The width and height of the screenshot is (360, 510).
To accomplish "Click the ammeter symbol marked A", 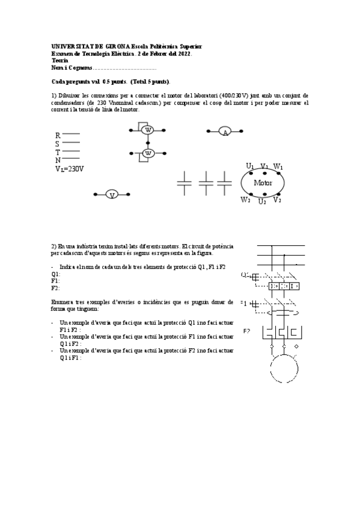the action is click(225, 132).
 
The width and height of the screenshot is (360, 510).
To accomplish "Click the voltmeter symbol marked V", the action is click(111, 194).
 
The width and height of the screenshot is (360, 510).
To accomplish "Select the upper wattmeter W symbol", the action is click(148, 129).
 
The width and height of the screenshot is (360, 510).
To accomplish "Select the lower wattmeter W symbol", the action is click(148, 153).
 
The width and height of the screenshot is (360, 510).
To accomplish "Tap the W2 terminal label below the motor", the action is click(245, 200).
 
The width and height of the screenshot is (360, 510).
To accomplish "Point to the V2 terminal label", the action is click(277, 200).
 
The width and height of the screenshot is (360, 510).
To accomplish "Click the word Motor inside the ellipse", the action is click(263, 183).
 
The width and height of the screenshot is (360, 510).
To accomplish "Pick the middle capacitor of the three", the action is click(206, 182).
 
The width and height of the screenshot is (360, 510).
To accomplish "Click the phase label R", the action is click(58, 136).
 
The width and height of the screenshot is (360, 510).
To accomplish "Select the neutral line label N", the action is click(58, 161).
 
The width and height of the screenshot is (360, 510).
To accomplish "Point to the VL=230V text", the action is click(69, 169).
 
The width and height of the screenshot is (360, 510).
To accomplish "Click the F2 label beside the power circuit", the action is click(247, 331).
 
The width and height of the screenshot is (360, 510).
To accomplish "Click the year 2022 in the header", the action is click(183, 54).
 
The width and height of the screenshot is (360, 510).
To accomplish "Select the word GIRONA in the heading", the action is click(118, 46).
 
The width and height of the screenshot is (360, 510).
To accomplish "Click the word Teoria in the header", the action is click(60, 60).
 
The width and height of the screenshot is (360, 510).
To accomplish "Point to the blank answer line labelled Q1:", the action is click(56, 274).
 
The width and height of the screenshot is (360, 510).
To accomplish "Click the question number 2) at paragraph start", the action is click(54, 246).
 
